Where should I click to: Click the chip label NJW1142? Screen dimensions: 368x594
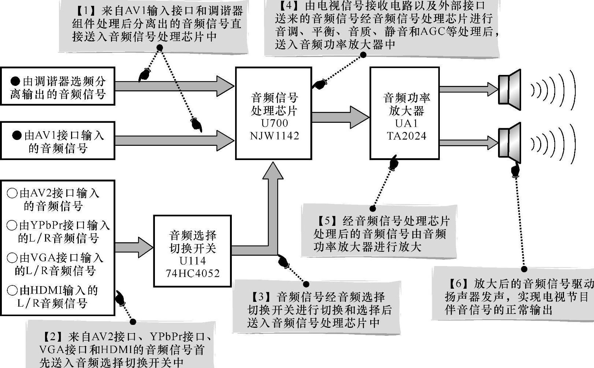click(274, 136)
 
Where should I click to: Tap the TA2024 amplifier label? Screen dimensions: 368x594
click(406, 136)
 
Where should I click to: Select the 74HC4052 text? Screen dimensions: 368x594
click(193, 273)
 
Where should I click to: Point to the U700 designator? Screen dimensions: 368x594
click(274, 123)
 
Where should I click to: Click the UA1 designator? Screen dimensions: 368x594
click(406, 123)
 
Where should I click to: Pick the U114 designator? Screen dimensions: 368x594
click(193, 261)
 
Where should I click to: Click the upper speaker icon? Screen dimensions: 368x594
click(509, 90)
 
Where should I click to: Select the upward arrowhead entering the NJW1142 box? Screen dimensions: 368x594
click(273, 171)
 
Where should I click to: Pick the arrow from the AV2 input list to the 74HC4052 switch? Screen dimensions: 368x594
click(134, 247)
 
